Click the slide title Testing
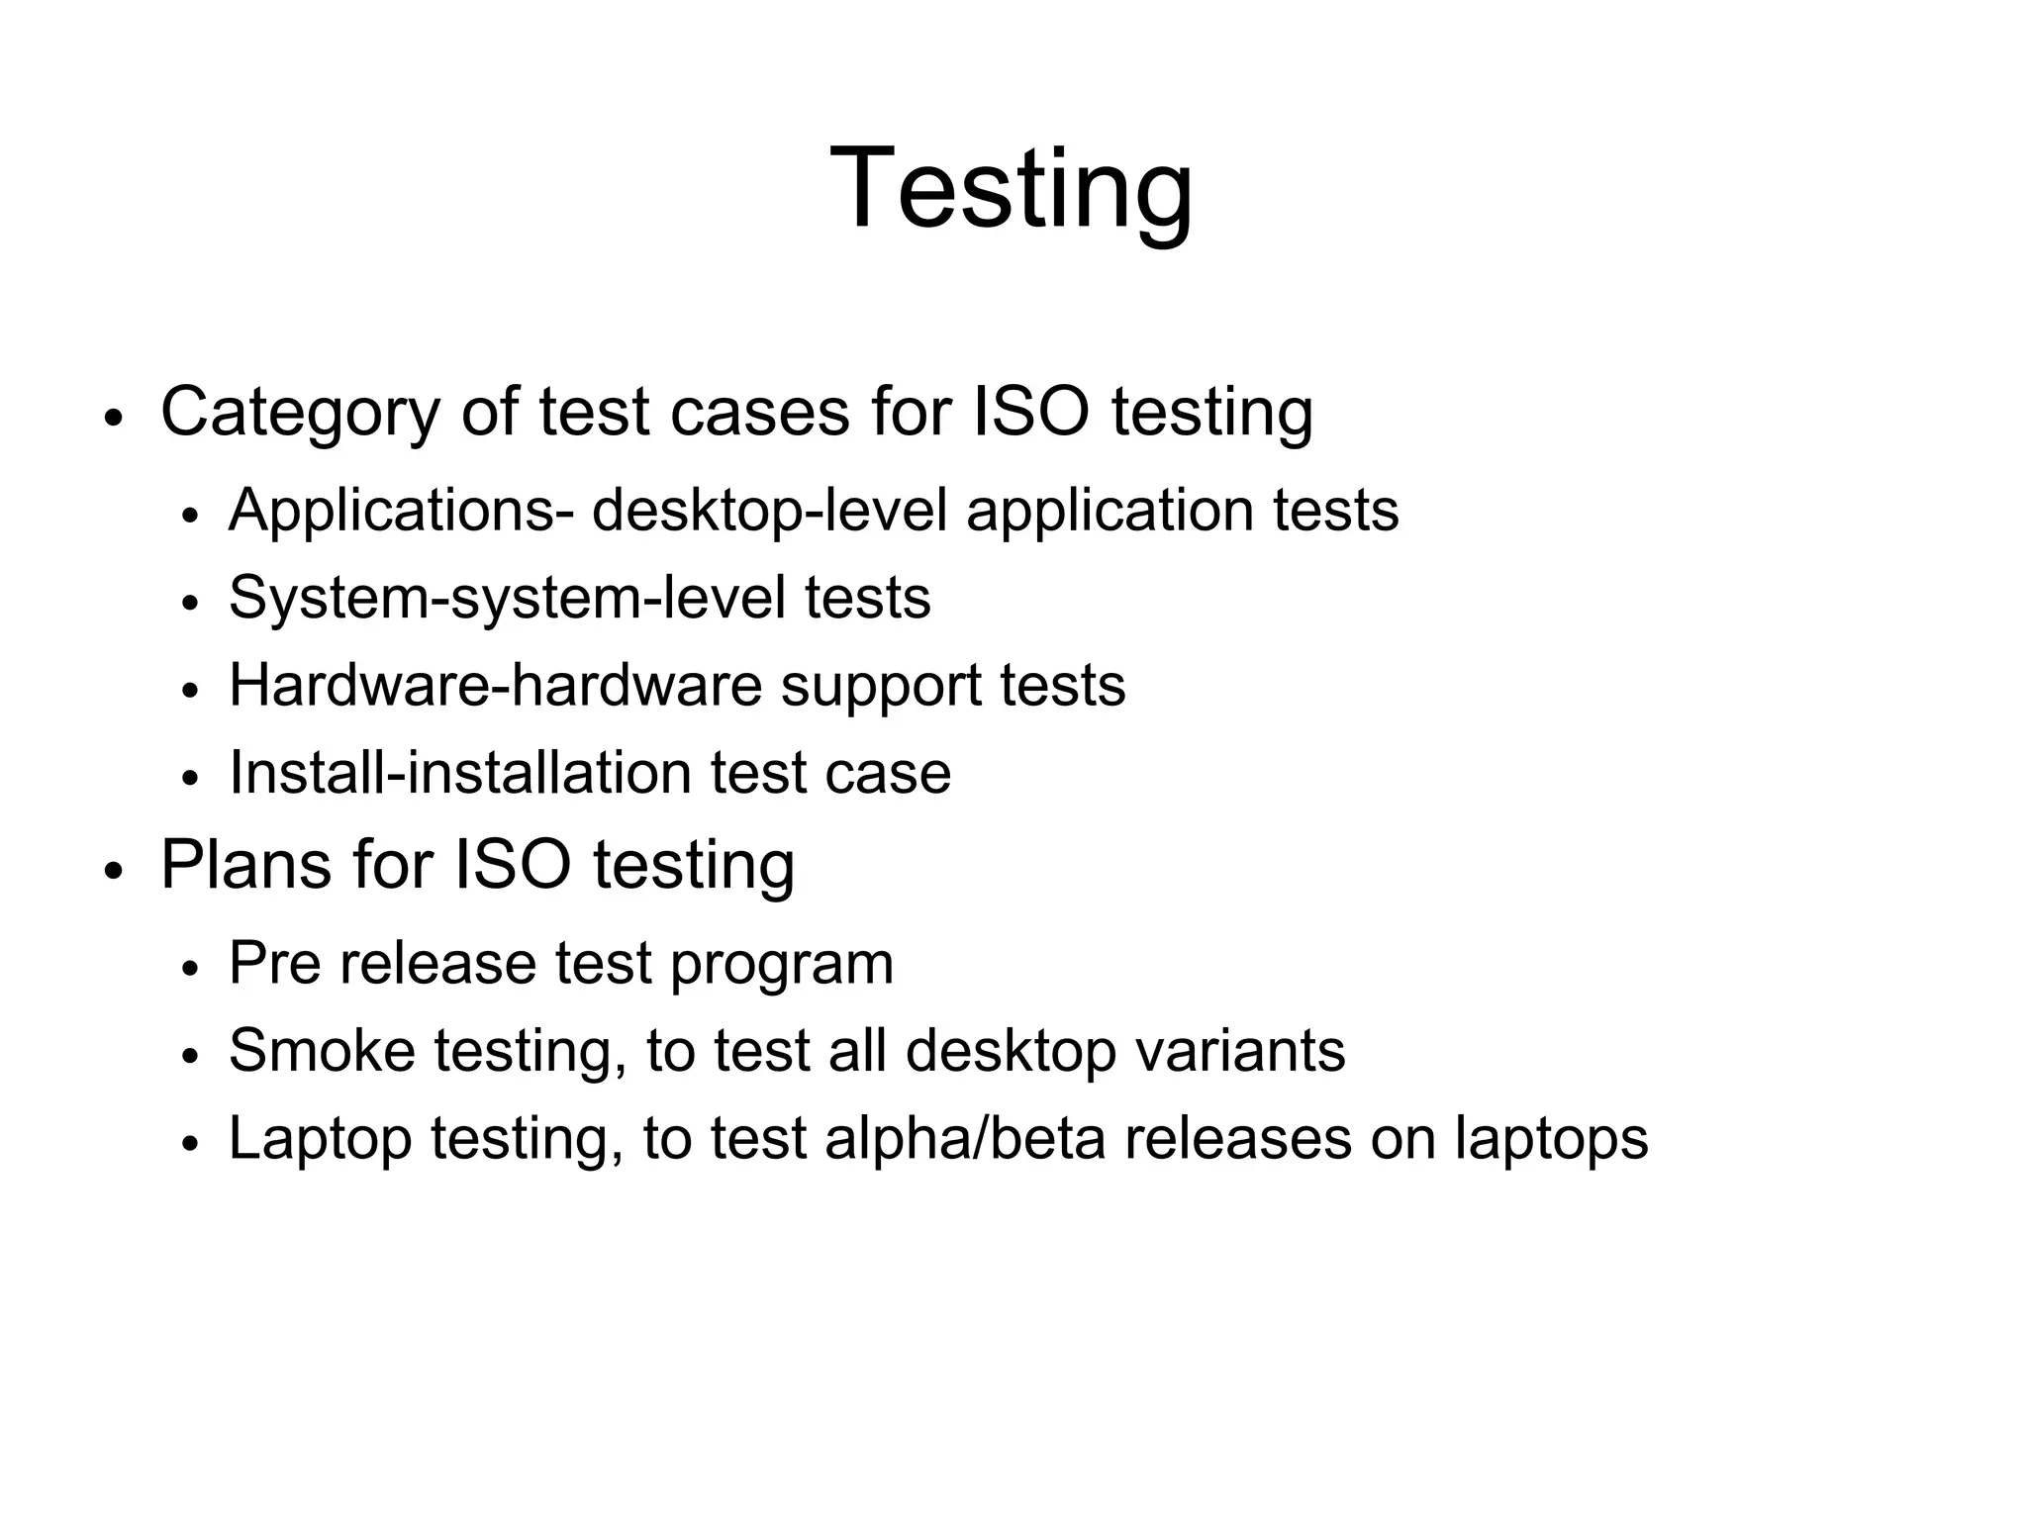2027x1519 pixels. click(x=1012, y=188)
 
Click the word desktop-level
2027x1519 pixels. click(x=769, y=511)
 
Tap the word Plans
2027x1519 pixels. click(x=244, y=865)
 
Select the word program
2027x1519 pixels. click(x=781, y=963)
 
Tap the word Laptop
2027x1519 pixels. click(x=320, y=1138)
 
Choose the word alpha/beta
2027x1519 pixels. click(x=964, y=1138)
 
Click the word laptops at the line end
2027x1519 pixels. click(x=1551, y=1138)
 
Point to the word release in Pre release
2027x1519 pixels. click(x=436, y=963)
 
